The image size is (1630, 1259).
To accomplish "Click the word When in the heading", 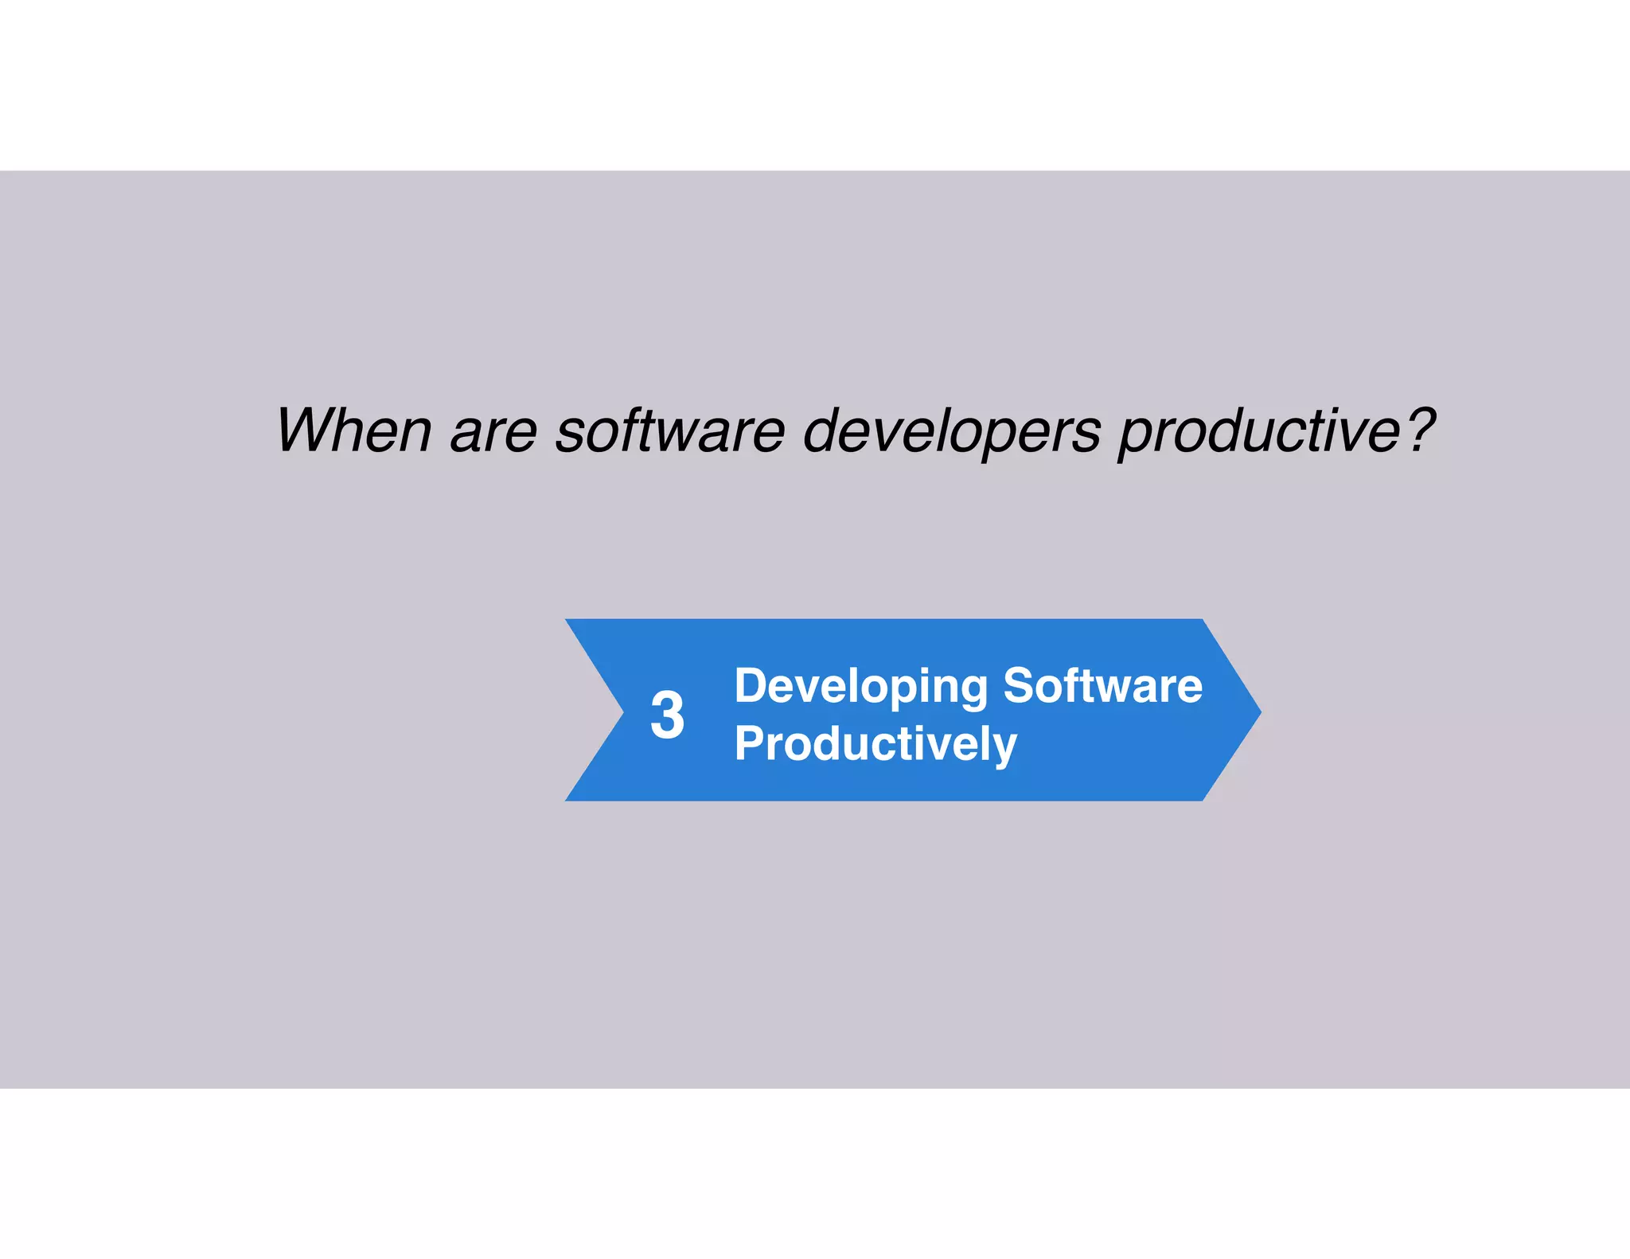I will (x=353, y=431).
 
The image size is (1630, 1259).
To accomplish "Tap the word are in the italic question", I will (x=494, y=432).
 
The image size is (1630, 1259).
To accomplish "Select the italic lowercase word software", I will (x=670, y=431).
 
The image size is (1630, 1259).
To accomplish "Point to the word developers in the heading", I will (x=952, y=432).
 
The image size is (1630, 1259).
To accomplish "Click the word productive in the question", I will (x=1260, y=432).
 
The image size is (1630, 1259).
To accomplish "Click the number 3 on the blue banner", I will (x=667, y=715).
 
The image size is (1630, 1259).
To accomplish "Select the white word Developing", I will (x=860, y=686).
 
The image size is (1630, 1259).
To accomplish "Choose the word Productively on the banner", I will (x=875, y=744).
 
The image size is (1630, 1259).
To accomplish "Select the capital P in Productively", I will (x=748, y=743).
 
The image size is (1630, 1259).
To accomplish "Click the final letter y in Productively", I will (x=1005, y=748).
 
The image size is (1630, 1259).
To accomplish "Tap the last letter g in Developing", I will (x=973, y=691).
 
